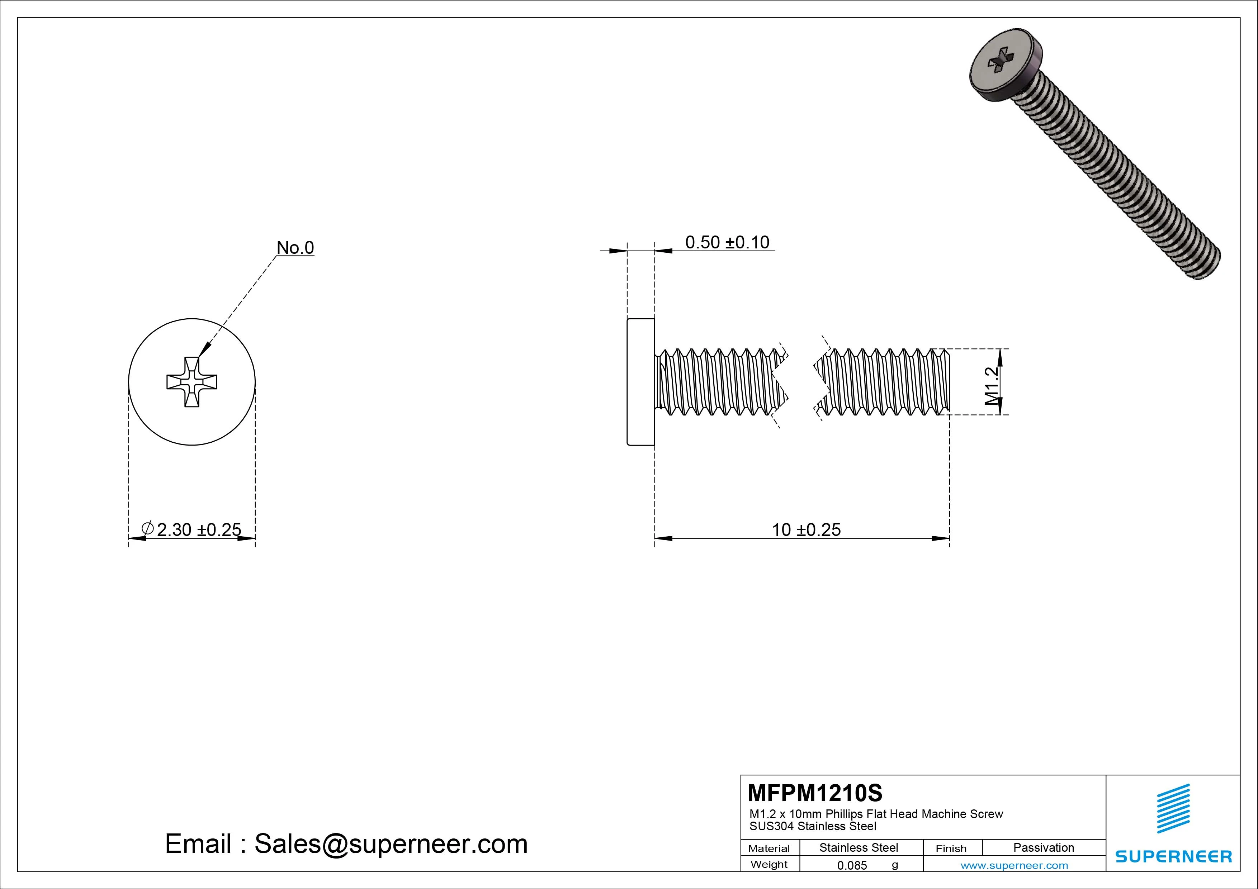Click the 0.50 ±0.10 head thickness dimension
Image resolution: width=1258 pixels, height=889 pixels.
click(x=727, y=242)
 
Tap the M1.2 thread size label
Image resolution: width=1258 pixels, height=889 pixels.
click(x=991, y=386)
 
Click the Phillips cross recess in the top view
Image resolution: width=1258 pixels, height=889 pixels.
click(x=192, y=382)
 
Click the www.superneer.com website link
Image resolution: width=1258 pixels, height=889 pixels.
click(x=1014, y=865)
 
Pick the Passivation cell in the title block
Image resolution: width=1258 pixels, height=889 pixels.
click(x=1043, y=847)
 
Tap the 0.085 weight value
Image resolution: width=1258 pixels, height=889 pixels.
click(x=852, y=865)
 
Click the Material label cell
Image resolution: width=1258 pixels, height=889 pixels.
click(x=769, y=848)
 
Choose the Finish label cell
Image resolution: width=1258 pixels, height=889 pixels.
click(x=951, y=848)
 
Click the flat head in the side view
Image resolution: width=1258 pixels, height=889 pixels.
click(x=640, y=382)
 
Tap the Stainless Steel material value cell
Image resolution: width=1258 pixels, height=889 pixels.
click(x=859, y=847)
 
